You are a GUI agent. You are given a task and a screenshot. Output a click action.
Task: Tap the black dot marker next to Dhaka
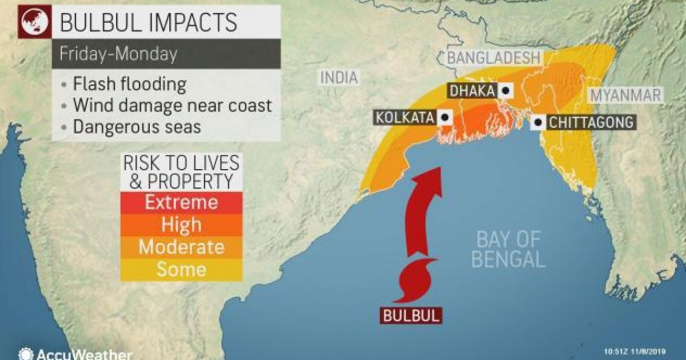pyautogui.click(x=505, y=90)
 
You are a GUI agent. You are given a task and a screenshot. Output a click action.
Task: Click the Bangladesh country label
pyautogui.click(x=493, y=58)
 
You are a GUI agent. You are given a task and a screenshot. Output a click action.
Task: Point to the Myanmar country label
pyautogui.click(x=626, y=95)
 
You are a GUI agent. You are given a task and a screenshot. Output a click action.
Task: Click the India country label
pyautogui.click(x=338, y=78)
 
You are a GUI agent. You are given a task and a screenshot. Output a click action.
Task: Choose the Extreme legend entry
pyautogui.click(x=181, y=202)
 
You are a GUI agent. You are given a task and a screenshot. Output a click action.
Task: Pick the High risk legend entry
pyautogui.click(x=181, y=225)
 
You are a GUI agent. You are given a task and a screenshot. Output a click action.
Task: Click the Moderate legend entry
pyautogui.click(x=181, y=247)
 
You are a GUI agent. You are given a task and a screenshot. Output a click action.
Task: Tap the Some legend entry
pyautogui.click(x=181, y=269)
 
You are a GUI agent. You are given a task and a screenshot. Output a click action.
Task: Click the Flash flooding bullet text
pyautogui.click(x=129, y=85)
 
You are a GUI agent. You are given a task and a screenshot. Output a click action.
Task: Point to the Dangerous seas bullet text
pyautogui.click(x=137, y=126)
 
